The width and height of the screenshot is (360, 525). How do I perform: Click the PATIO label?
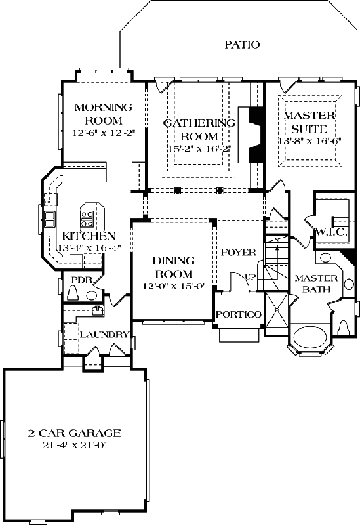[242, 45]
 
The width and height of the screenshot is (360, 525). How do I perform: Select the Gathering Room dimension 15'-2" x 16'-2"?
[199, 149]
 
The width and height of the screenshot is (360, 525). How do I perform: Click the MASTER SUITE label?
[310, 122]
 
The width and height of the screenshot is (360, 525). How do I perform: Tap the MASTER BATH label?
[315, 284]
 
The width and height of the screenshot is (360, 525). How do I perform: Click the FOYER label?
[238, 253]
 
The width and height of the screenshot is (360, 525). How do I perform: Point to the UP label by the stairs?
[250, 278]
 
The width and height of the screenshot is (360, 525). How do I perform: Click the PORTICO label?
[239, 314]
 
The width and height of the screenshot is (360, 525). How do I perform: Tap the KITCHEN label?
[89, 236]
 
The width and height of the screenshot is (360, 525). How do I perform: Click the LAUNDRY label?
[104, 335]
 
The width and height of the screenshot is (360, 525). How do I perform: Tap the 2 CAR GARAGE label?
[74, 433]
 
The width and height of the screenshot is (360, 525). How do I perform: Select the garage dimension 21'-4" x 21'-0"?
[74, 446]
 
